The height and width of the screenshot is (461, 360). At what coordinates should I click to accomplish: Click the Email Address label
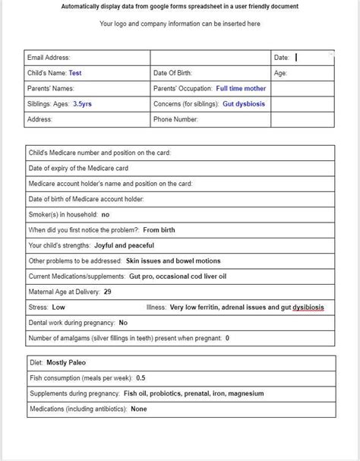pos(49,58)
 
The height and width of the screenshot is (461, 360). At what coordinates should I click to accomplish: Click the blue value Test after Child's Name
pos(75,73)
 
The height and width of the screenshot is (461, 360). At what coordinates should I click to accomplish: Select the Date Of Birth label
pos(172,73)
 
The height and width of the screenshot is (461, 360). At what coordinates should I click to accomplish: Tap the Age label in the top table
pos(280,73)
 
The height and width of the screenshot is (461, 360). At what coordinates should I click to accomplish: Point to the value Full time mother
pos(241,89)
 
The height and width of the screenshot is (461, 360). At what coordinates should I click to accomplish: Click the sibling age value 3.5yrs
pos(82,104)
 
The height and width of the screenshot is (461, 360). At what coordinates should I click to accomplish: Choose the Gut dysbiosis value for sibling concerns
pos(244,104)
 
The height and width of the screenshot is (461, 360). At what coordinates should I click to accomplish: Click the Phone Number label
pos(176,119)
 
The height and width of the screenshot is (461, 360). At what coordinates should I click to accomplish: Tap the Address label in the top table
pos(39,119)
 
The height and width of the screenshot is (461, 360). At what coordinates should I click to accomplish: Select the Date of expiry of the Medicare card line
pos(78,168)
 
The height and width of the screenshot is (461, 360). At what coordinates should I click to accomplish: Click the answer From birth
pos(160,229)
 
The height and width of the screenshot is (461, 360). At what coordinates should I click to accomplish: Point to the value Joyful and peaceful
pos(124,245)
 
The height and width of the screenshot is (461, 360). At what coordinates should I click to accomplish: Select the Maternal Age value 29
pos(108,292)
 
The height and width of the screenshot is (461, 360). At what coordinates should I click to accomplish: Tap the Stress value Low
pos(58,308)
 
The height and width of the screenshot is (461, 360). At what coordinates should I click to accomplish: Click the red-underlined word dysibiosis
pos(308,308)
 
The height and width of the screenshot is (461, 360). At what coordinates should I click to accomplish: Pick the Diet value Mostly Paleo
pos(66,362)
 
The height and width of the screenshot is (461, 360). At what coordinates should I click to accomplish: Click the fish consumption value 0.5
pos(141,377)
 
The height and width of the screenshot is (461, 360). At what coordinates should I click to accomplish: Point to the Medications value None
pos(139,409)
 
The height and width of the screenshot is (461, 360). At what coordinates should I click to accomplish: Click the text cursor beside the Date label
pos(296,57)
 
